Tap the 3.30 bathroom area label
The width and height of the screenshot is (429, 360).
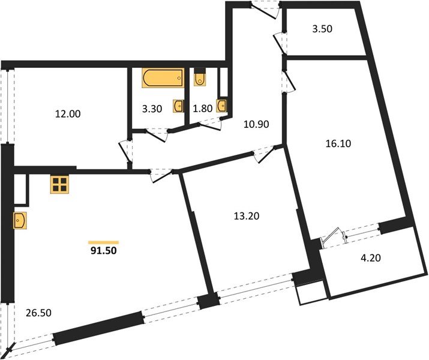click(x=152, y=109)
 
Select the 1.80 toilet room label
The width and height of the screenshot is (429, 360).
click(x=202, y=109)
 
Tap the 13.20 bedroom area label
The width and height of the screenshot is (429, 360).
click(x=246, y=214)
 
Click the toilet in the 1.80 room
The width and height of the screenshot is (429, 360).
click(x=200, y=79)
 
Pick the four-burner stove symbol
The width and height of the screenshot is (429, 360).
click(x=59, y=185)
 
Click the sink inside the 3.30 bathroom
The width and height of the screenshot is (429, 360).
click(x=179, y=106)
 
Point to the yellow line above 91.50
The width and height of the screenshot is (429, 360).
click(x=103, y=241)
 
